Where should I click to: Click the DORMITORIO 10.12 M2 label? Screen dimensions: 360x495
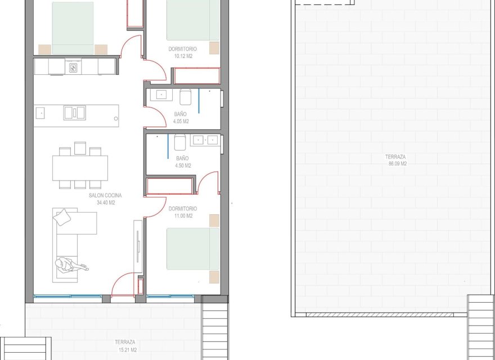coord(182,52)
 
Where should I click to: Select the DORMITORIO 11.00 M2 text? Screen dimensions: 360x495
coord(182,212)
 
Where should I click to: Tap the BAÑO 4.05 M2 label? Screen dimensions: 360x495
coord(181,118)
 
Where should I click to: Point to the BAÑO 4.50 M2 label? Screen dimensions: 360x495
coord(183,162)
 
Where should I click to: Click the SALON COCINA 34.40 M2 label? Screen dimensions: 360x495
coord(105,199)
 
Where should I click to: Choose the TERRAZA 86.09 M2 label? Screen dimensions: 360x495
coord(396,160)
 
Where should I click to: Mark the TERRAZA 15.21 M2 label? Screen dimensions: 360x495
coord(124,345)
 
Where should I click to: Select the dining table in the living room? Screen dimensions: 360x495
coord(80,167)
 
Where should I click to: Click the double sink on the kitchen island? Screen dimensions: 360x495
coord(71,112)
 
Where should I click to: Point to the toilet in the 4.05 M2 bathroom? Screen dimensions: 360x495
coord(186,97)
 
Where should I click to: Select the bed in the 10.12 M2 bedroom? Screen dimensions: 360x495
coord(193,20)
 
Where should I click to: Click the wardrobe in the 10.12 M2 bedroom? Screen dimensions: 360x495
coord(196,75)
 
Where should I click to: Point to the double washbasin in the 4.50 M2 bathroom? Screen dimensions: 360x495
coord(205,139)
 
